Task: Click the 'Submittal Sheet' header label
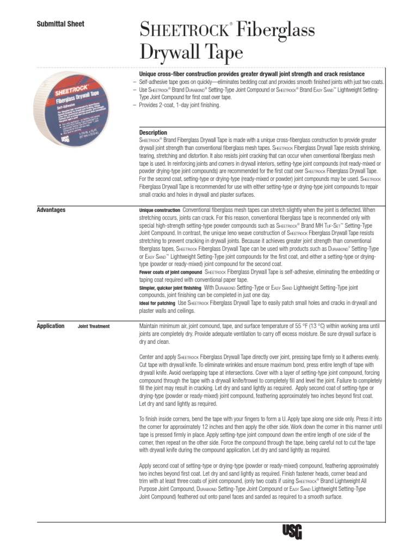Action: pyautogui.click(x=60, y=24)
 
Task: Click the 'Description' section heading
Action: pyautogui.click(x=153, y=132)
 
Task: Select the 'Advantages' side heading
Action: pyautogui.click(x=51, y=210)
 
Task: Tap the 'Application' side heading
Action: pyautogui.click(x=50, y=326)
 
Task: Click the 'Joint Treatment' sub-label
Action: pyautogui.click(x=94, y=327)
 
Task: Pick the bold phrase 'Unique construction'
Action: pyautogui.click(x=159, y=210)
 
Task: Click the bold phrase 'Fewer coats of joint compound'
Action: pyautogui.click(x=170, y=272)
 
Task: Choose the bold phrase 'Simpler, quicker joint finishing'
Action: pyautogui.click(x=170, y=287)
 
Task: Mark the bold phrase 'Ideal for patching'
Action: pyautogui.click(x=157, y=303)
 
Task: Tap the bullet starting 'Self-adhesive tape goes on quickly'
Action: pyautogui.click(x=256, y=81)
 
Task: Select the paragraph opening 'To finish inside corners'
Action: pyautogui.click(x=259, y=435)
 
